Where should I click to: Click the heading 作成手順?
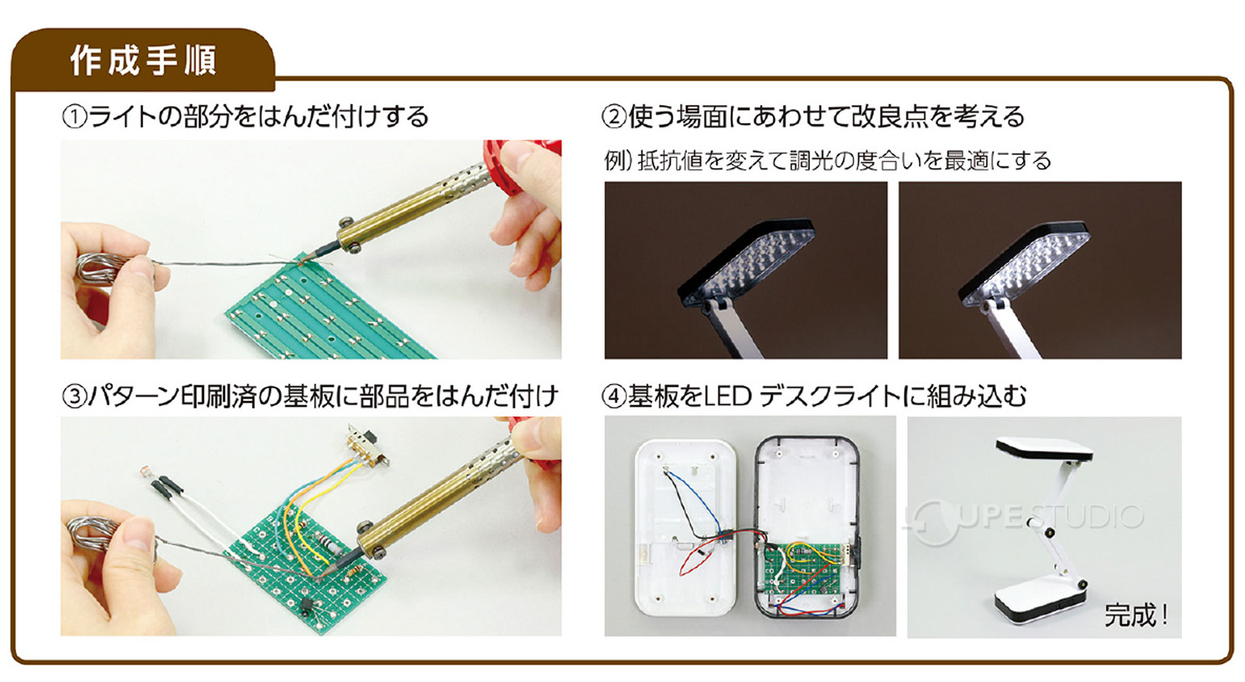coord(142,61)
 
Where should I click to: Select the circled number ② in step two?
coord(614,118)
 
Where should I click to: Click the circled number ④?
coord(614,397)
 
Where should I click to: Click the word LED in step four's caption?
coord(727,397)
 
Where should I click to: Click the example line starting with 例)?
coord(827,161)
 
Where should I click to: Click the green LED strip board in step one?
coord(327,311)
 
